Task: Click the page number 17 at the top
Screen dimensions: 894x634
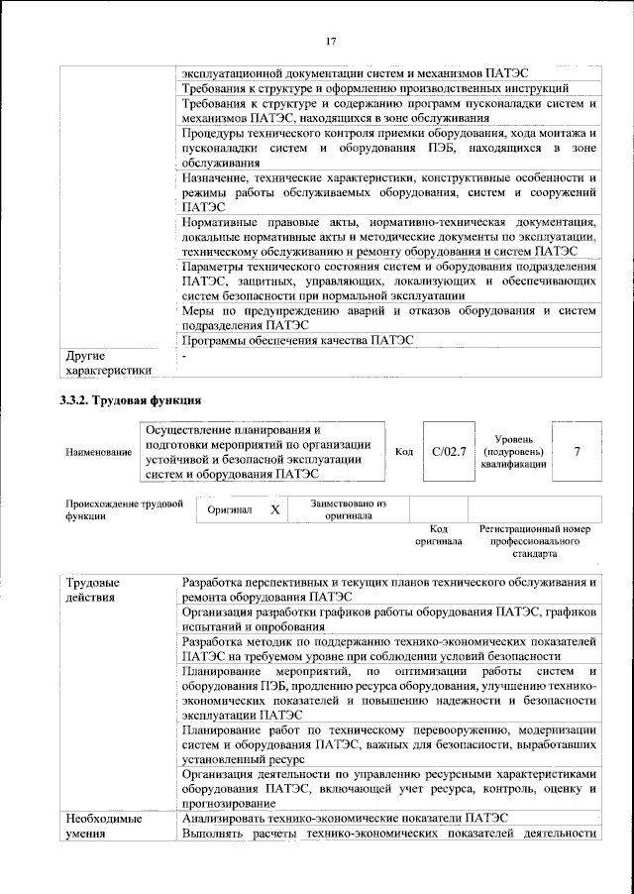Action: tap(331, 41)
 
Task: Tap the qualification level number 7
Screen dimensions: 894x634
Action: tap(577, 452)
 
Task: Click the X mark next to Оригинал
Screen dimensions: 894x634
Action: tap(275, 509)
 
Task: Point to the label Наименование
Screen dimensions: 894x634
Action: tap(98, 453)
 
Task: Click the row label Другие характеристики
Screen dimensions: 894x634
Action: tap(107, 363)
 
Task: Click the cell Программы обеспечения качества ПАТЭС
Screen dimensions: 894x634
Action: tap(297, 340)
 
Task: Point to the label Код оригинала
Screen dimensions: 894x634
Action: tap(438, 535)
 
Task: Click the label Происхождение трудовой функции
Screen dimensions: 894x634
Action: tap(125, 509)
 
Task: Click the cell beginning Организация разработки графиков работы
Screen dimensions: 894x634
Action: tap(388, 619)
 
